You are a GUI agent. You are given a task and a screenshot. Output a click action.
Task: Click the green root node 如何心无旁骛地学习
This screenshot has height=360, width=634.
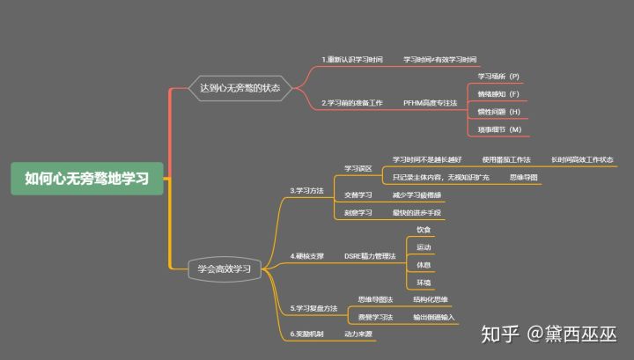click(x=87, y=178)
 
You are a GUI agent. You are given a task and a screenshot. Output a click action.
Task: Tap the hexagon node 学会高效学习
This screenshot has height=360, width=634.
click(x=225, y=268)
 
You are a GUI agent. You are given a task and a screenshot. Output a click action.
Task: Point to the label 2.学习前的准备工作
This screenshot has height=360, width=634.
click(x=352, y=103)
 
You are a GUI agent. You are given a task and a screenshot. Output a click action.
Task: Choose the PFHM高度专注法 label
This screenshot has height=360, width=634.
click(x=431, y=103)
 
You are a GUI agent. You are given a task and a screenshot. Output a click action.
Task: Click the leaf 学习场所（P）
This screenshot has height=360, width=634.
click(x=499, y=77)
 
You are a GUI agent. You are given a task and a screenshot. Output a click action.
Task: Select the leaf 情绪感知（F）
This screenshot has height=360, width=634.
click(x=499, y=94)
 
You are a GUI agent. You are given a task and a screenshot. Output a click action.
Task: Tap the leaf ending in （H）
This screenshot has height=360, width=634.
click(x=499, y=112)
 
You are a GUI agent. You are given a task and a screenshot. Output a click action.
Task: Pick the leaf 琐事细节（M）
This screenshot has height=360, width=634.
click(x=499, y=129)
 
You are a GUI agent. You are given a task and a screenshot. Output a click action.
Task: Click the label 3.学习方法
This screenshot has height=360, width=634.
click(x=307, y=189)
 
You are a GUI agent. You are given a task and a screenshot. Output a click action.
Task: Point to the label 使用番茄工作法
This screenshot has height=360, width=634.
click(x=506, y=159)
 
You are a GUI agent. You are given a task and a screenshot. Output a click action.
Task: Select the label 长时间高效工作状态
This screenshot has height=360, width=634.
click(x=582, y=159)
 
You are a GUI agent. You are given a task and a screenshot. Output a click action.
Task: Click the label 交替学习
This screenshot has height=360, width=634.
click(x=358, y=195)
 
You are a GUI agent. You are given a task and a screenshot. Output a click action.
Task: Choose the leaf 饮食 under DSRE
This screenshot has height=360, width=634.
click(x=424, y=229)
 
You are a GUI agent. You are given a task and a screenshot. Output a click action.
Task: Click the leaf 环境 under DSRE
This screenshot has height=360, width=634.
click(x=424, y=283)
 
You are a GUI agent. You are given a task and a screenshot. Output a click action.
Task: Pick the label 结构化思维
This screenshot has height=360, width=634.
click(x=431, y=300)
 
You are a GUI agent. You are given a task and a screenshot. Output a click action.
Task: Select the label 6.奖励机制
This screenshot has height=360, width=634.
click(x=307, y=334)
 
